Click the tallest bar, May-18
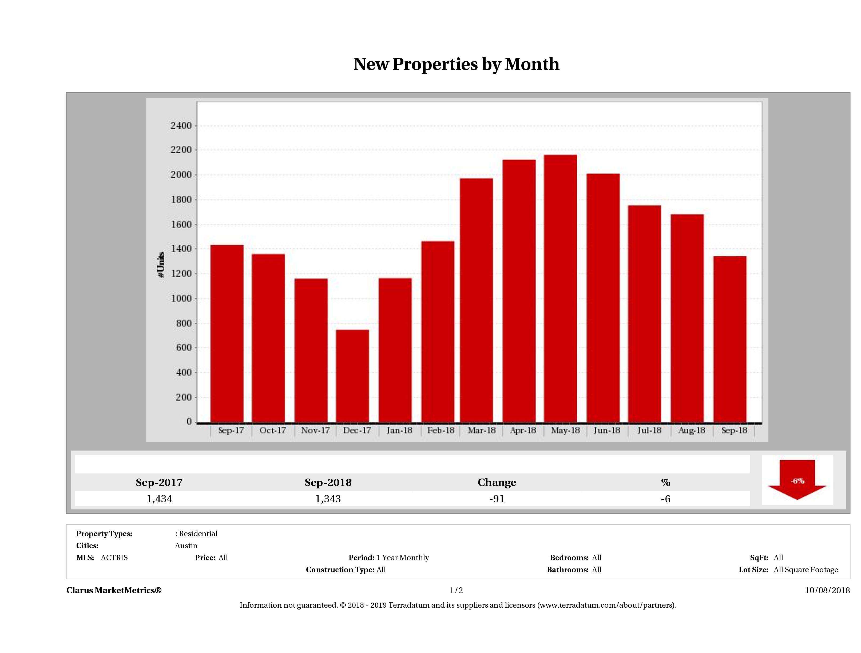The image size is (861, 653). coord(561,288)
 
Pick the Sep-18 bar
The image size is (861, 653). coord(730,339)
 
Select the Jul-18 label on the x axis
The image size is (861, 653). coord(649,431)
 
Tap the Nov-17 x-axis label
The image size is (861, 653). coord(315,431)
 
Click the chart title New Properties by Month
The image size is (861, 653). coord(456,64)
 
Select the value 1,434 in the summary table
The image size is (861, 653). coord(159,499)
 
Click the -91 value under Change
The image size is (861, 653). coord(497,499)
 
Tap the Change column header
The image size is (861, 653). coord(497,483)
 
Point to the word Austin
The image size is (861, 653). coord(186,546)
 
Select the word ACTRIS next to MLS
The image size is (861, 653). coord(114,558)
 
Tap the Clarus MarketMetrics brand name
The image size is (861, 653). coord(114,590)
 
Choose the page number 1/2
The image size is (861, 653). coord(456,590)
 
